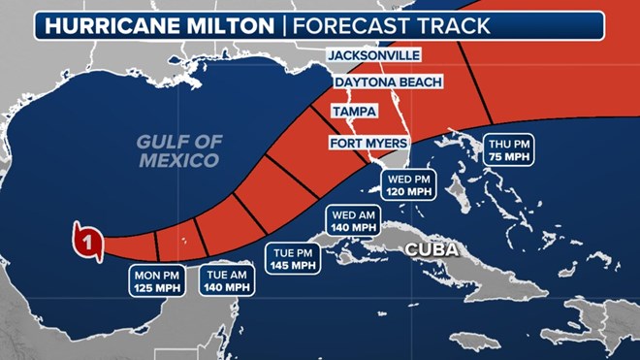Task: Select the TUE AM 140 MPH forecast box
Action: click(225, 279)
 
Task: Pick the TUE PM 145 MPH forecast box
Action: click(292, 257)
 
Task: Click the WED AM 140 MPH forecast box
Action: click(350, 220)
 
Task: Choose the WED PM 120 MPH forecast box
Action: click(409, 184)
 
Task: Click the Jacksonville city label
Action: click(373, 56)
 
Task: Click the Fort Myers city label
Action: click(368, 146)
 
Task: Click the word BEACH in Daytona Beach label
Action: click(418, 83)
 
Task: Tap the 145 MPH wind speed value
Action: click(292, 265)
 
